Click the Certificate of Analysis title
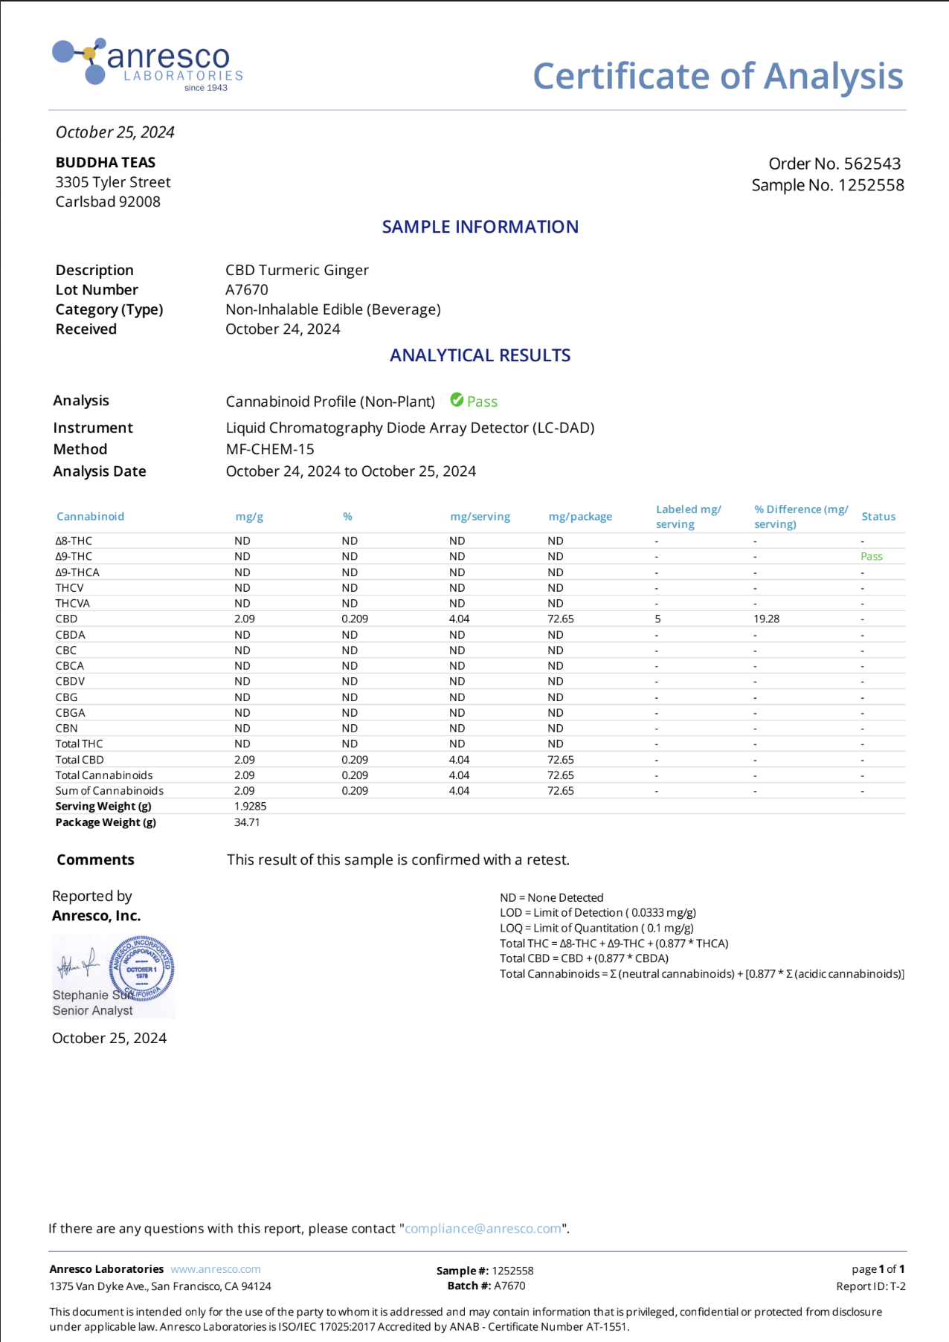(x=718, y=77)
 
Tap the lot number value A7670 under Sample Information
(x=247, y=290)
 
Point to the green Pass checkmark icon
(x=457, y=400)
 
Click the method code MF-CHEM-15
(x=270, y=449)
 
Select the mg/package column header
(x=580, y=517)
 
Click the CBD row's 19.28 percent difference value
(x=766, y=619)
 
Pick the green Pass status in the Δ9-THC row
(x=871, y=556)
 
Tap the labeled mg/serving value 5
(x=657, y=619)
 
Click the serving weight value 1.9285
(x=250, y=806)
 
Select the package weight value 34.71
(x=247, y=822)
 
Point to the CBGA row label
(x=70, y=712)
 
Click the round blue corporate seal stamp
(x=141, y=968)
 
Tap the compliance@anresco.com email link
(x=483, y=1228)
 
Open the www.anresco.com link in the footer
(x=216, y=1269)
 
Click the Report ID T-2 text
(x=870, y=1286)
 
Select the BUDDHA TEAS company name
(x=106, y=162)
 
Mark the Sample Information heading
(x=480, y=227)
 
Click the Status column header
(x=878, y=517)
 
